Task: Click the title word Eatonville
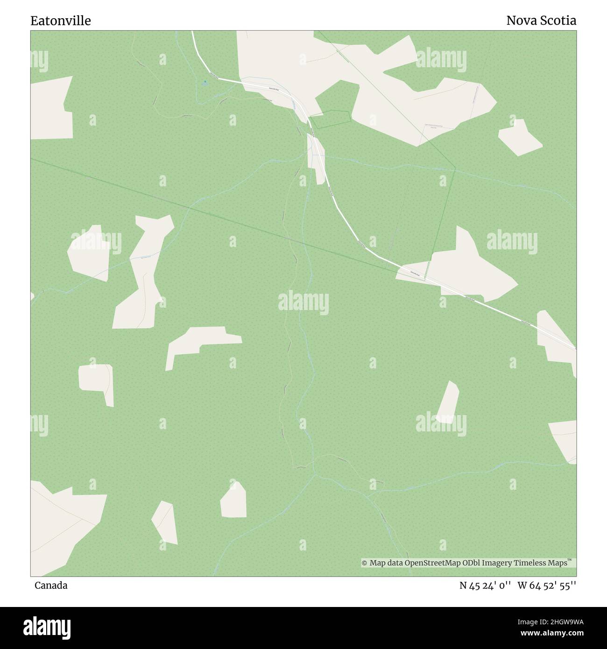[x=61, y=21]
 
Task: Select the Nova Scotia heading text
[x=541, y=21]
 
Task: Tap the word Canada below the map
[x=51, y=586]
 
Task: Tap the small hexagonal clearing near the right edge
[x=519, y=137]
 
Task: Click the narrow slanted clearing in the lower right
[x=448, y=402]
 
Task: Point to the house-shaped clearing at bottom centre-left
[x=233, y=501]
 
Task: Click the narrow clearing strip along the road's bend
[x=316, y=159]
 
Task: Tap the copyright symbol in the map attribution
[x=364, y=563]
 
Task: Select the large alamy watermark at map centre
[x=303, y=303]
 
